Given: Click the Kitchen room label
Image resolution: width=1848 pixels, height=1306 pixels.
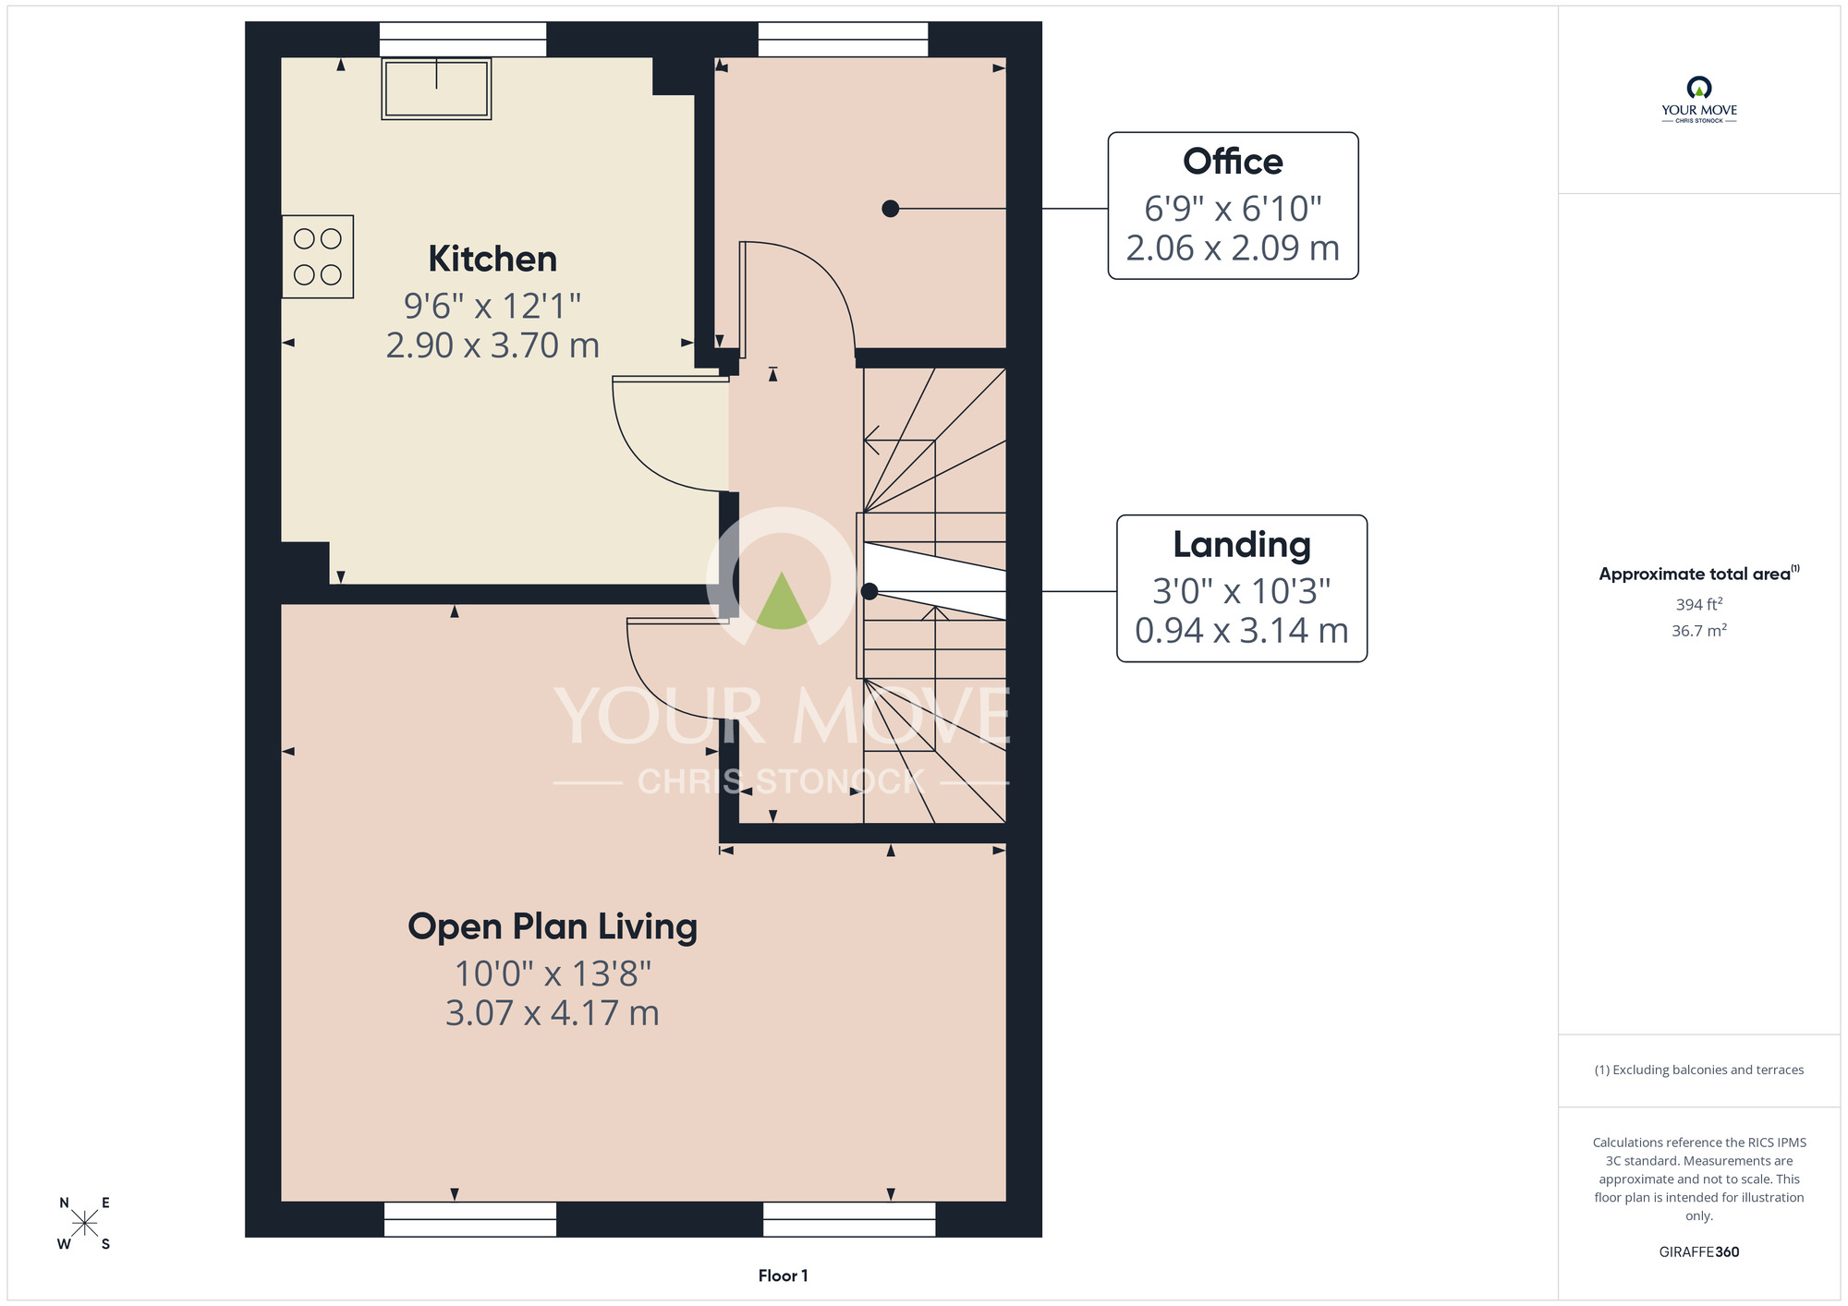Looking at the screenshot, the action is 492,260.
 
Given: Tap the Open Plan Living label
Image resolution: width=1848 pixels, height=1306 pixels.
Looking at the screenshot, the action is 553,927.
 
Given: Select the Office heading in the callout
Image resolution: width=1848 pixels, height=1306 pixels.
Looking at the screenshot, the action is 1233,162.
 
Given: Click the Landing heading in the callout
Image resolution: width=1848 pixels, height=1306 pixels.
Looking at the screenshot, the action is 1242,546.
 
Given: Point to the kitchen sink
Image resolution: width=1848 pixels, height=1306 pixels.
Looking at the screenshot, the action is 436,89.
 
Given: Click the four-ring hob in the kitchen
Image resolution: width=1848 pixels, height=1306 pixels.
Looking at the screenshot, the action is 318,257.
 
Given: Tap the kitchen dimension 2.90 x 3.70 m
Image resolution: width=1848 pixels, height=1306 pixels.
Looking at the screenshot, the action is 492,345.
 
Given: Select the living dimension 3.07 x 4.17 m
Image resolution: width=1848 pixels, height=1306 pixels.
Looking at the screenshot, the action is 553,1013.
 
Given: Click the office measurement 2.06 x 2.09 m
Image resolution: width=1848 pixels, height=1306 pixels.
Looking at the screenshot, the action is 1233,248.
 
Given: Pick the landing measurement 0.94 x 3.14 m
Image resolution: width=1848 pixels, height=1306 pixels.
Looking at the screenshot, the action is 1242,631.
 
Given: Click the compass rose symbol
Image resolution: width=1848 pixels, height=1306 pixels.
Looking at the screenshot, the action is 84,1224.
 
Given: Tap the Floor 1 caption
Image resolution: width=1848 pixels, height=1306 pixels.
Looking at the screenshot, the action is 783,1276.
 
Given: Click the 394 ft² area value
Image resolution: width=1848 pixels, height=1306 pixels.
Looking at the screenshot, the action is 1699,604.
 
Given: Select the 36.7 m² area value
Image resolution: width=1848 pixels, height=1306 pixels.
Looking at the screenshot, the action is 1699,631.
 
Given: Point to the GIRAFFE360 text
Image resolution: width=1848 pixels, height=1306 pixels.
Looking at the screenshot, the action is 1699,1252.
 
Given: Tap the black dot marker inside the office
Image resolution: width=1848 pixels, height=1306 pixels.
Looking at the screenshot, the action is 891,209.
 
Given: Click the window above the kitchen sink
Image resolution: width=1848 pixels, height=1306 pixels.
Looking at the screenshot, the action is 463,40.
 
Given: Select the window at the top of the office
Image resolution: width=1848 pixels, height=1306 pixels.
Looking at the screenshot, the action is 844,40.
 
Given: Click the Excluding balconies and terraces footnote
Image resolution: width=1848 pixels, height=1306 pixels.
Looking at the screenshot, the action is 1699,1070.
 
